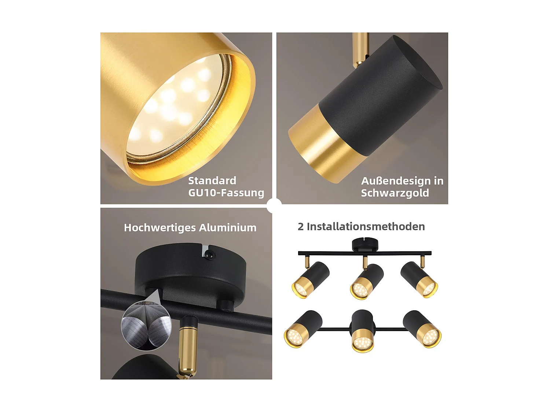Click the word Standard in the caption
(212, 181)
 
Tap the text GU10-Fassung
(226, 193)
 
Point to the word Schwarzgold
(395, 193)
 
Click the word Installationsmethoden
(366, 227)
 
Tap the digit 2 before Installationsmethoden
(301, 227)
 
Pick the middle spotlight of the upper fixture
(367, 281)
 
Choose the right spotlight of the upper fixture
(419, 279)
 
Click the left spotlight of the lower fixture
(303, 329)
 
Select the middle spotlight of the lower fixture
(362, 330)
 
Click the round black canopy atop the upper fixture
(365, 244)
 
